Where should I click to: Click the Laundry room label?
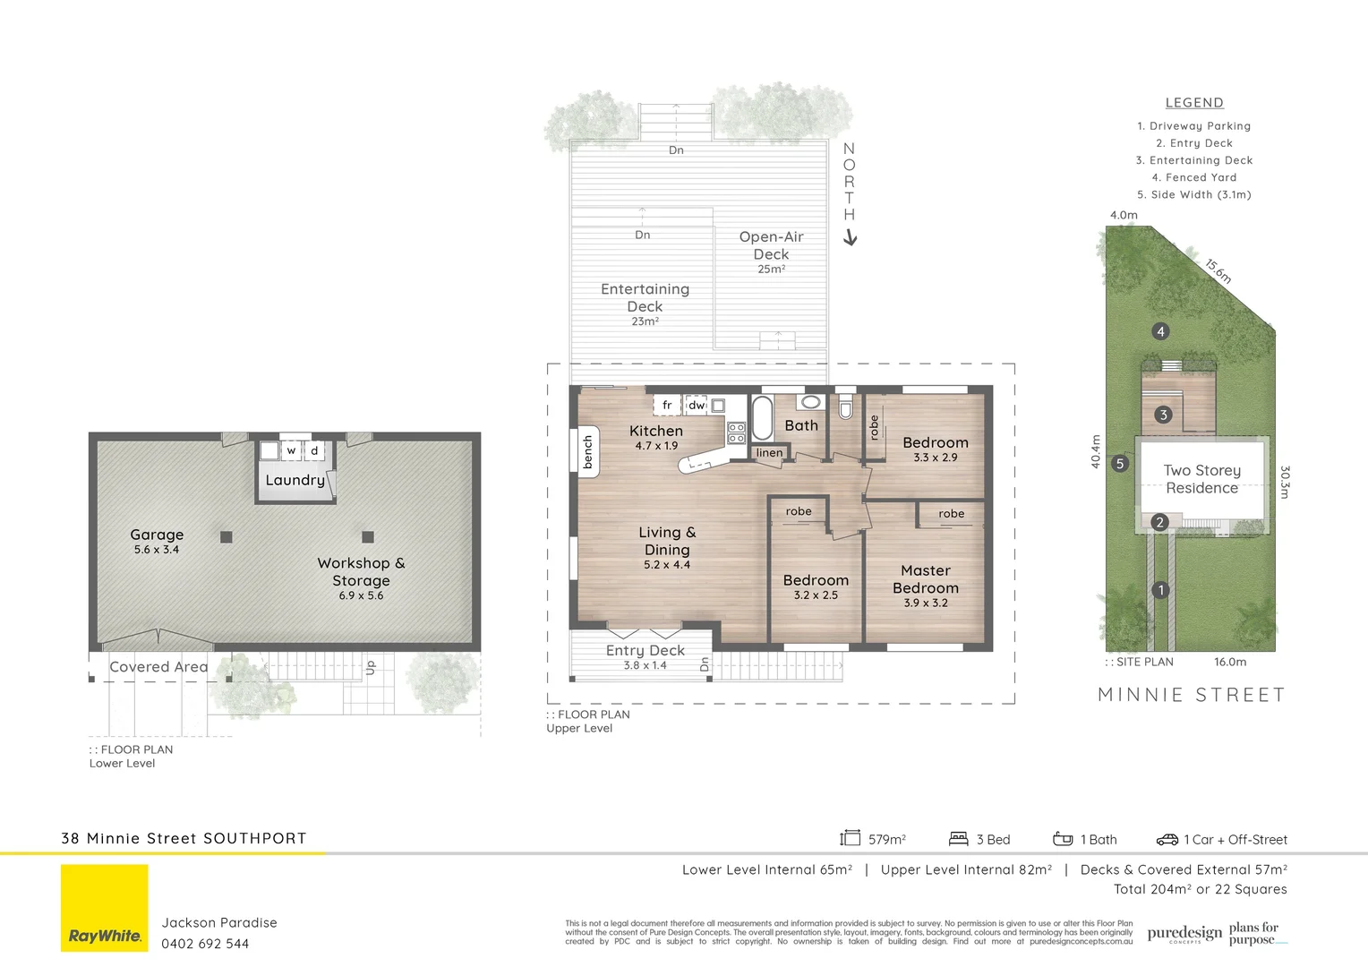tap(295, 480)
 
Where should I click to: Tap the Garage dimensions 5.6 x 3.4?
tap(157, 550)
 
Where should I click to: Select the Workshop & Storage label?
tap(361, 571)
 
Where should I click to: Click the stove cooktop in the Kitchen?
tap(736, 433)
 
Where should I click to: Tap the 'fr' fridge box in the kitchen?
tap(667, 406)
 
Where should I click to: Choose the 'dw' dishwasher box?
tap(697, 406)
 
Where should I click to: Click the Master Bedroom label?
tap(926, 579)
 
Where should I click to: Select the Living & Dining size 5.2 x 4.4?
tap(667, 565)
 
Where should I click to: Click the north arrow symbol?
tap(851, 237)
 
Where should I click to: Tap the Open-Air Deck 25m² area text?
tap(771, 269)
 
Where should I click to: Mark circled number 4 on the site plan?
tap(1160, 331)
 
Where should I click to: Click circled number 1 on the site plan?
tap(1160, 590)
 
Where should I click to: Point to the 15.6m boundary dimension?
tap(1218, 270)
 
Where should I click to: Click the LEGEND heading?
tap(1194, 103)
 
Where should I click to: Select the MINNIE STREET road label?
tap(1191, 695)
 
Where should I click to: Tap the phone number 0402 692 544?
tap(205, 944)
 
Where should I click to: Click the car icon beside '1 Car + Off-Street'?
tap(1167, 840)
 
